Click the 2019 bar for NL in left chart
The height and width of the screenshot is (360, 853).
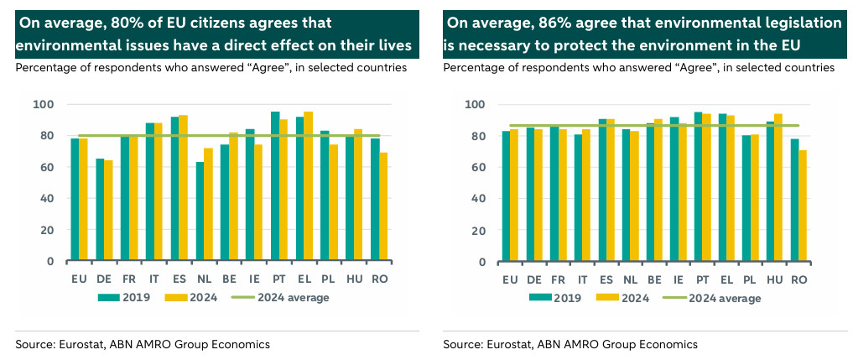pos(199,211)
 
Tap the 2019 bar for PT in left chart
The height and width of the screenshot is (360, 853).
pos(274,186)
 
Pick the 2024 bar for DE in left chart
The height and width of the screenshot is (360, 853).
pos(108,211)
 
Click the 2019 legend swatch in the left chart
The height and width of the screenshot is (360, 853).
pos(111,297)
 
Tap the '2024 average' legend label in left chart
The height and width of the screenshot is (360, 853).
pos(294,297)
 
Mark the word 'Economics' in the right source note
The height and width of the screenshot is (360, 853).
pos(670,344)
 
